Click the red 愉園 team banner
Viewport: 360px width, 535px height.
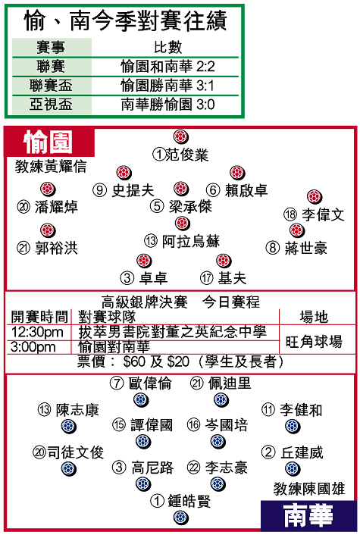49,142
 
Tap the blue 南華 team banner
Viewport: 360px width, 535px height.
308,515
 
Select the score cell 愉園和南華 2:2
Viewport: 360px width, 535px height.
167,67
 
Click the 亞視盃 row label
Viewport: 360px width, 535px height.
51,105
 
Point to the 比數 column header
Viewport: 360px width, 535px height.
168,47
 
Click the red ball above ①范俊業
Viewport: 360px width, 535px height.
180,136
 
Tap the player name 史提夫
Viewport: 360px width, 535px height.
133,190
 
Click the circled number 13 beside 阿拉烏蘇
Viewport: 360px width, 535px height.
151,241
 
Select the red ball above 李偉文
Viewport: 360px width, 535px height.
315,197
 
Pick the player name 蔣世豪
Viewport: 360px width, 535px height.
306,248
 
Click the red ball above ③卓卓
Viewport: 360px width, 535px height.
144,261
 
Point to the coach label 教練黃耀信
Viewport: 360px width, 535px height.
51,167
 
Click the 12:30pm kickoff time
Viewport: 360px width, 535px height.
37,332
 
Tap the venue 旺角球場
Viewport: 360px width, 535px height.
314,342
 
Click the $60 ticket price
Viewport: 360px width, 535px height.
134,361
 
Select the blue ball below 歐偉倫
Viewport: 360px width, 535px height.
141,399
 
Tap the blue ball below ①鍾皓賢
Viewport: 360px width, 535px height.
180,518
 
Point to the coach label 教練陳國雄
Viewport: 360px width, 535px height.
309,489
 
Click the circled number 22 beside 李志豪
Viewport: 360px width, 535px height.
194,467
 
